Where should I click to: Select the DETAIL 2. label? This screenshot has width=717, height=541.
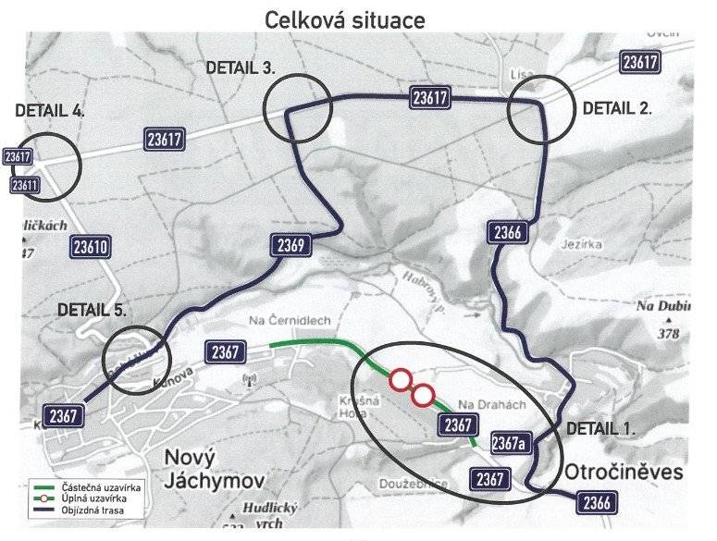point(617,107)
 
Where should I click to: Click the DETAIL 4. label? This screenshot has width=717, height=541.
point(50,109)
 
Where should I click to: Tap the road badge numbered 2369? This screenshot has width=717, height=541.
point(291,245)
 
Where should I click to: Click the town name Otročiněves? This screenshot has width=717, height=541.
point(632,472)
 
